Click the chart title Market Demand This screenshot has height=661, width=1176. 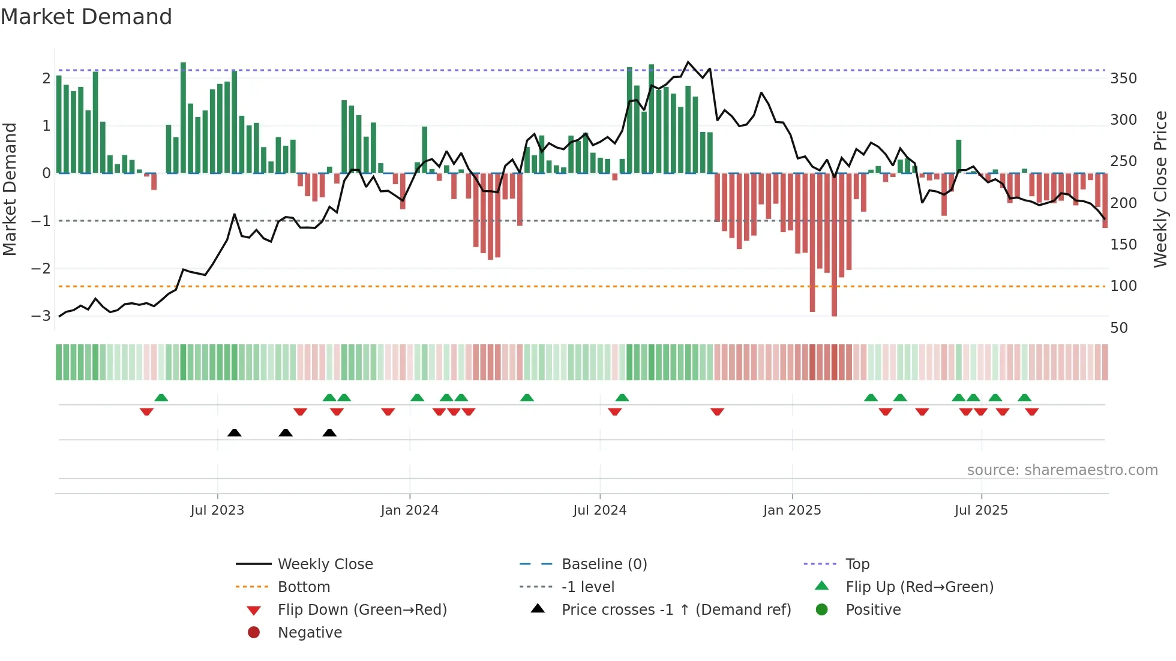tap(86, 17)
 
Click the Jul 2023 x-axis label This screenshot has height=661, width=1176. tap(217, 510)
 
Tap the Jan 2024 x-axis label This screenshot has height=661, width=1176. tap(409, 510)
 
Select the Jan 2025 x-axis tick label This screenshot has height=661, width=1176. tap(791, 510)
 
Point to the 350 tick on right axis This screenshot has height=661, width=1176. tap(1123, 79)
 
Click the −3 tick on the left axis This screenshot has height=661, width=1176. tap(41, 316)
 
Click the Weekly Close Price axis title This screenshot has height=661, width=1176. tap(1160, 189)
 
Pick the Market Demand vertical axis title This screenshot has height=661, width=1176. tap(10, 189)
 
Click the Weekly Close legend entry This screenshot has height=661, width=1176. tap(325, 564)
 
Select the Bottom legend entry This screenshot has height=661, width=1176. tap(304, 587)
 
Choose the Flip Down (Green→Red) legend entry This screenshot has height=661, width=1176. tap(362, 610)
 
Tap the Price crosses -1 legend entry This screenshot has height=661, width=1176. tap(676, 610)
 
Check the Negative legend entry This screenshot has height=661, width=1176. tap(310, 633)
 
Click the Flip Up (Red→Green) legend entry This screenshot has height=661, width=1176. tap(919, 587)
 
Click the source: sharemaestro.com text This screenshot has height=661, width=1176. tap(1062, 470)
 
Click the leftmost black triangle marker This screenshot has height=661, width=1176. tap(235, 433)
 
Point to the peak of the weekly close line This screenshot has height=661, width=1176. tap(688, 62)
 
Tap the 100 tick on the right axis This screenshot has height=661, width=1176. tap(1123, 286)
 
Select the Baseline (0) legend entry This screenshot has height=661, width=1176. tap(604, 564)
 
